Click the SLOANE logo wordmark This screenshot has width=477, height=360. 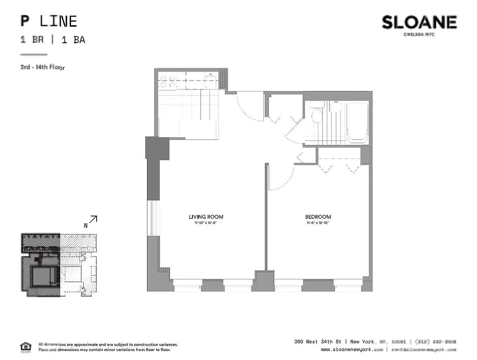[419, 22]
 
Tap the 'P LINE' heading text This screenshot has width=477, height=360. [49, 21]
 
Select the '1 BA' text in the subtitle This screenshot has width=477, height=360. [73, 40]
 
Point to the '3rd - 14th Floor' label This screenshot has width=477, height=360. [42, 68]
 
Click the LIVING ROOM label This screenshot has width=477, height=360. [206, 217]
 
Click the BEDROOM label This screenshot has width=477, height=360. [318, 217]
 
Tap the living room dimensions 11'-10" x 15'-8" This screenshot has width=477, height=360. [206, 223]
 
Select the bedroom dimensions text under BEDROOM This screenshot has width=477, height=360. [318, 223]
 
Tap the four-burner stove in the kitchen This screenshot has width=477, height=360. [168, 81]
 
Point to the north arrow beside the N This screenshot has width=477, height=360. [93, 220]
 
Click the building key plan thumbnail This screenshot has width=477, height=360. [59, 265]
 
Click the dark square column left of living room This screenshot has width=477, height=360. [157, 148]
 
